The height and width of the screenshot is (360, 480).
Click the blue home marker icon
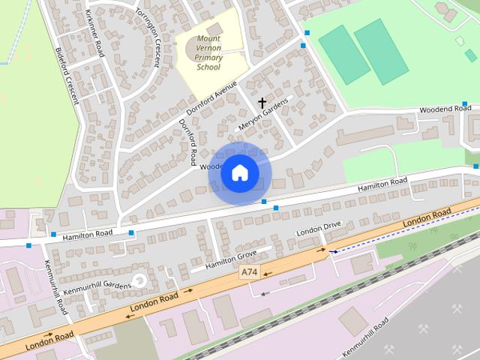(240, 173)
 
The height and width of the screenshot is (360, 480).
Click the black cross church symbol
(262, 102)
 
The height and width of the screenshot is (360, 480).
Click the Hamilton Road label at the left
(87, 234)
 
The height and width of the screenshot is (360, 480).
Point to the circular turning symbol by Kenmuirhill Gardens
(137, 281)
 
